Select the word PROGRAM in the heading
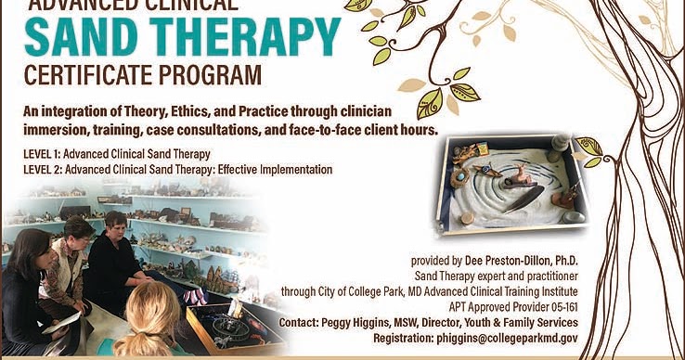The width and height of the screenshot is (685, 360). (x=213, y=72)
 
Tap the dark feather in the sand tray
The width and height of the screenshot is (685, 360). (x=525, y=198)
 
